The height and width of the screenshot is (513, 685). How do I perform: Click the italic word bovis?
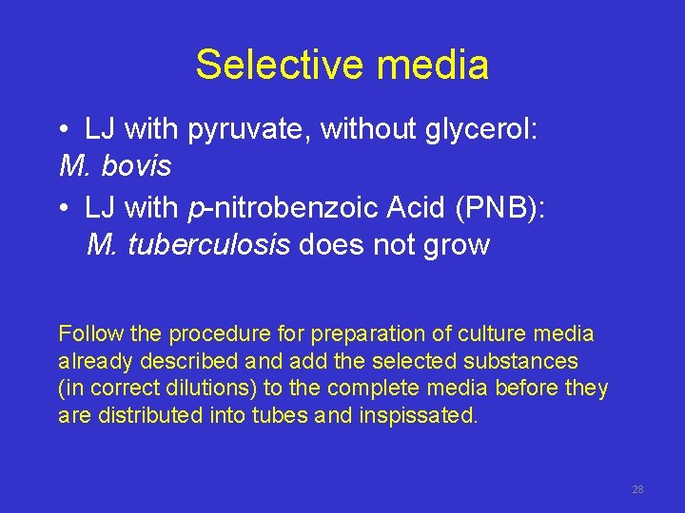click(x=135, y=166)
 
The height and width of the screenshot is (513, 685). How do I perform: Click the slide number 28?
click(x=637, y=489)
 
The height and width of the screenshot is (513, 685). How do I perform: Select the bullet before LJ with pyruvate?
click(x=62, y=130)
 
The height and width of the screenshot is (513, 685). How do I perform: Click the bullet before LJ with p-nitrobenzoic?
click(x=62, y=208)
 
